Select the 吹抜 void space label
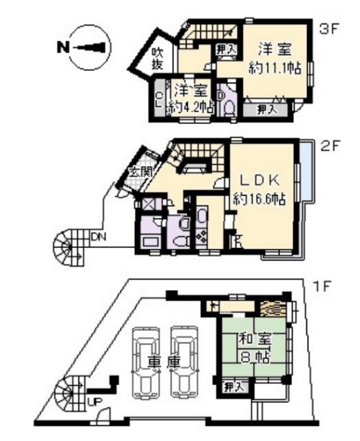pyautogui.click(x=158, y=58)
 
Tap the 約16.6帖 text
pyautogui.click(x=260, y=199)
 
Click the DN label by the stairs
pyautogui.click(x=98, y=237)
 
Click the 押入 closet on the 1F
pyautogui.click(x=233, y=388)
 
